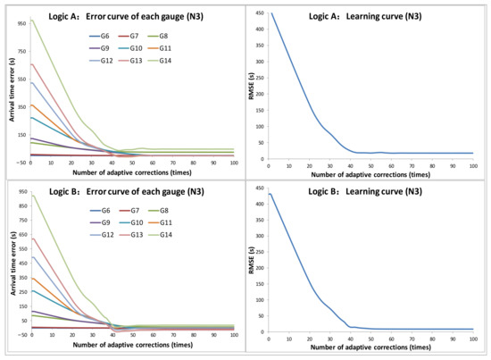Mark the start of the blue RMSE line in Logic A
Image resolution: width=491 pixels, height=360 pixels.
[x=270, y=14]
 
